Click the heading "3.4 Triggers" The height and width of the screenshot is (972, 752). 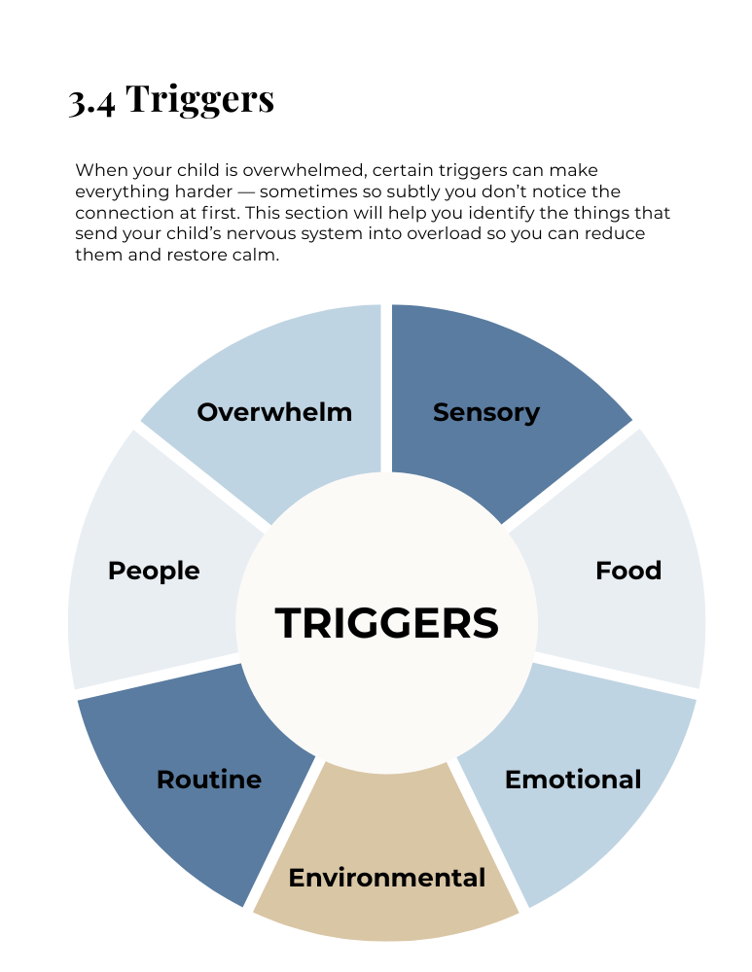click(171, 99)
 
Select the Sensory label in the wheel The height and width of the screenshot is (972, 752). click(485, 412)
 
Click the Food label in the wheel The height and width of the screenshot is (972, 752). click(627, 571)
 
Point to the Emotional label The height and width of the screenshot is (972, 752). click(573, 780)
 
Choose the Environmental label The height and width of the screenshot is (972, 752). click(386, 879)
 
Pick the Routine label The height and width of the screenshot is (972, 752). click(209, 780)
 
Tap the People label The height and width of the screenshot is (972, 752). click(154, 571)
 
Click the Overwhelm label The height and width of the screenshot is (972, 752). click(274, 412)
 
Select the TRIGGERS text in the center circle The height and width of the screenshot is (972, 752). click(387, 623)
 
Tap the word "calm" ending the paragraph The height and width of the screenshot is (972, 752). click(257, 256)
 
